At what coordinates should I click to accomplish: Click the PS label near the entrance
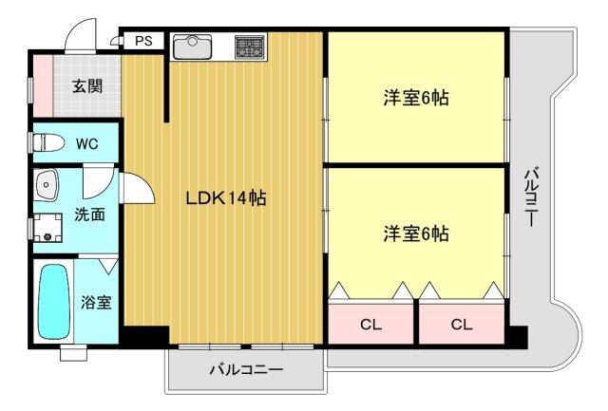[143, 41]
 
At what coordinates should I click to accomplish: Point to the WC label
[86, 144]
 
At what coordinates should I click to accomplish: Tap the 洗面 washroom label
[89, 215]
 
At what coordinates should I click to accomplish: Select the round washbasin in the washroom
[45, 183]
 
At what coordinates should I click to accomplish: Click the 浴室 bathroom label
[96, 303]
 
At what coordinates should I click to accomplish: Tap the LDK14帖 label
[225, 198]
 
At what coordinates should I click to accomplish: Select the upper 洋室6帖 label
[416, 98]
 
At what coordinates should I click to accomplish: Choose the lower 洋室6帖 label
[416, 233]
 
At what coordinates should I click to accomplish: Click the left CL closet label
[370, 325]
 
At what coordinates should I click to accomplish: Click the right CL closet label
[462, 325]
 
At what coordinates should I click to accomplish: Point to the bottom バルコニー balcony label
[245, 370]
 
